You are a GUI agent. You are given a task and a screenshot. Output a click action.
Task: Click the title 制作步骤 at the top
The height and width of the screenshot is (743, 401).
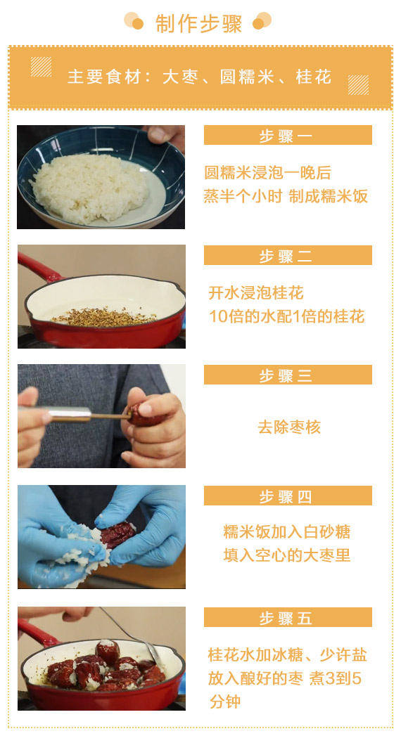(x=198, y=24)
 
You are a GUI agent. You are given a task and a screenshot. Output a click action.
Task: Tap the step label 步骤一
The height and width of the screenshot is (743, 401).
(x=286, y=136)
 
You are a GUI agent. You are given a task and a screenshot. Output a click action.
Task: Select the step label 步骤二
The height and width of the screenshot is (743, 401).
(x=286, y=257)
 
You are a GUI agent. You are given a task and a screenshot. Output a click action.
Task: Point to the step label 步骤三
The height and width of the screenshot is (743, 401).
(x=286, y=376)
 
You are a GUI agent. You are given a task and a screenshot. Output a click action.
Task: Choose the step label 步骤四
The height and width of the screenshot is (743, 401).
(x=286, y=497)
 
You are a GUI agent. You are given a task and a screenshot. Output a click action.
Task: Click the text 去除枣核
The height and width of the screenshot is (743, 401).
(x=289, y=427)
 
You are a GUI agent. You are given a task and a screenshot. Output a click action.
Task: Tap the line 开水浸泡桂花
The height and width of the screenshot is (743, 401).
(x=255, y=293)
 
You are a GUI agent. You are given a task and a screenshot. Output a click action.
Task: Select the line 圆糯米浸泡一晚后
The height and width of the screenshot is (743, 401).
(x=267, y=172)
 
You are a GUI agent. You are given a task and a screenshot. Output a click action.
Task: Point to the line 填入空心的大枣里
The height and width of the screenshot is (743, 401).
(x=287, y=555)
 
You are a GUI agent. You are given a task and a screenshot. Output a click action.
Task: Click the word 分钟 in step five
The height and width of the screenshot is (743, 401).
(x=225, y=702)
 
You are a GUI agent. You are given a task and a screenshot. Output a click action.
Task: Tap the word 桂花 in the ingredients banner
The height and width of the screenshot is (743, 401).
(x=313, y=77)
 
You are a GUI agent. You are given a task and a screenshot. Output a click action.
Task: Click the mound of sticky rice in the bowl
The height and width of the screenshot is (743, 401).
(x=91, y=188)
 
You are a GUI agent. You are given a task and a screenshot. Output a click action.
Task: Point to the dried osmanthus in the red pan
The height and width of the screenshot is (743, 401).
(x=104, y=317)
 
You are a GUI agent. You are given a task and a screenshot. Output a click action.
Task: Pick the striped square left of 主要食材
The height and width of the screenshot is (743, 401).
(x=42, y=67)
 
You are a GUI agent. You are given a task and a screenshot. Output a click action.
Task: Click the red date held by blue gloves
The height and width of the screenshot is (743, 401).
(x=117, y=534)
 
